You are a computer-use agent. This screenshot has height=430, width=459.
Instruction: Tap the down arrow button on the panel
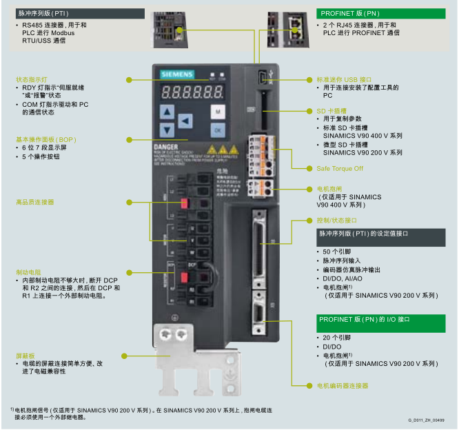pyautogui.click(x=166, y=129)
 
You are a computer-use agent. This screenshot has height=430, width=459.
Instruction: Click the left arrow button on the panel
pyautogui.click(x=185, y=121)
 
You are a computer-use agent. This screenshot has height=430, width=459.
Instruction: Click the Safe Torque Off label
pyautogui.click(x=340, y=168)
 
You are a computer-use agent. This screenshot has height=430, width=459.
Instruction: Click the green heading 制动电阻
pyautogui.click(x=29, y=272)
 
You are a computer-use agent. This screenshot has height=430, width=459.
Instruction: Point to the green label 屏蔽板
pyautogui.click(x=25, y=355)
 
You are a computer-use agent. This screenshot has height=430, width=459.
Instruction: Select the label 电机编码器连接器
pyautogui.click(x=342, y=385)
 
